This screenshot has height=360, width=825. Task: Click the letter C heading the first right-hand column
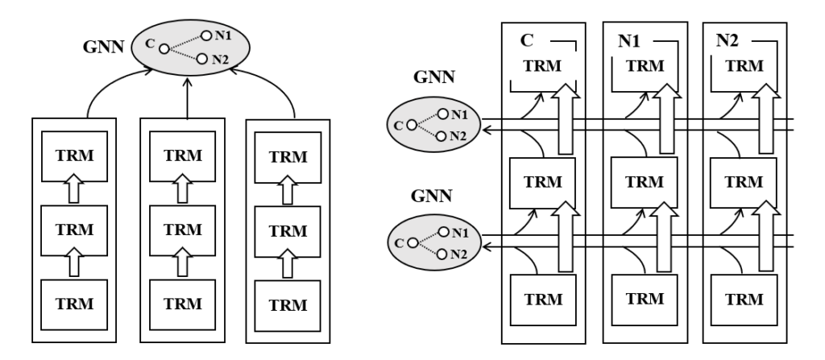tap(525, 40)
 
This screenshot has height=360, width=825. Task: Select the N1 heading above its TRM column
tap(630, 40)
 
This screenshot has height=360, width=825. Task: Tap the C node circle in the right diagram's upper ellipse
tap(411, 125)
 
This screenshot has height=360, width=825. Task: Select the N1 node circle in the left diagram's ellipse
tap(206, 35)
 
